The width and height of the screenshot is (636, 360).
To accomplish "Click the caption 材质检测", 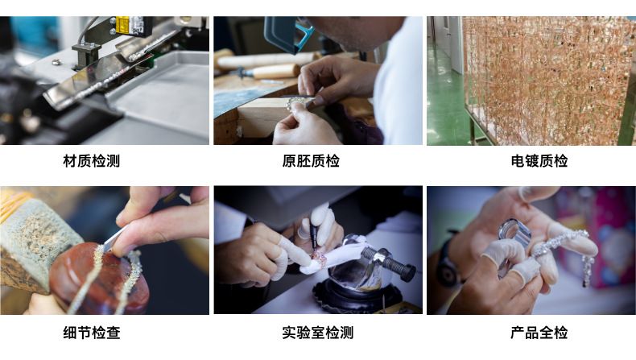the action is [x=91, y=161].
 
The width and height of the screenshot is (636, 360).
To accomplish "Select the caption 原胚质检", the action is [x=311, y=161].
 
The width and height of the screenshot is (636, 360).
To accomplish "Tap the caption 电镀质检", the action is [x=539, y=161].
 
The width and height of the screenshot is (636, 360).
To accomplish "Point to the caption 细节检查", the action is [x=91, y=333].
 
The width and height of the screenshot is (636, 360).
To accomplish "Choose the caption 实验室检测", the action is [x=317, y=333].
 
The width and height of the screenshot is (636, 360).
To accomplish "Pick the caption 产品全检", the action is [x=539, y=333].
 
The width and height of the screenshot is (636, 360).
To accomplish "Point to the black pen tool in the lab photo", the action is [x=313, y=234].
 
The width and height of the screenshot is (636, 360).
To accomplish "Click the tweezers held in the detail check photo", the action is [x=114, y=240].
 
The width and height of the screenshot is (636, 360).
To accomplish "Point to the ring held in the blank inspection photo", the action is [x=295, y=104].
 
